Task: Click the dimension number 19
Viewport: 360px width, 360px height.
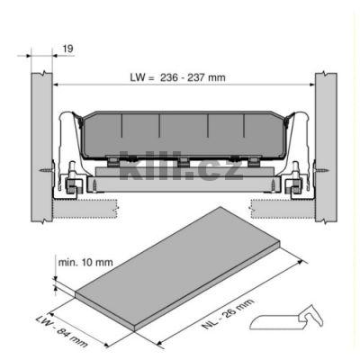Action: [68, 49]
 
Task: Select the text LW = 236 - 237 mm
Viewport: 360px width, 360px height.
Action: [177, 77]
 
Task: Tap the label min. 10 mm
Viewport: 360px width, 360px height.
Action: [85, 263]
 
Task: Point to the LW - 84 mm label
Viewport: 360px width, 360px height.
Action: [61, 331]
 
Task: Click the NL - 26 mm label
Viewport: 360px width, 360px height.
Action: [229, 314]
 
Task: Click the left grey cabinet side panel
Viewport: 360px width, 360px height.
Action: [42, 148]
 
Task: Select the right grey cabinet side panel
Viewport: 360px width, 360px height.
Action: [326, 147]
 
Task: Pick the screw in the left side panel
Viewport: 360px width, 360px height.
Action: [47, 171]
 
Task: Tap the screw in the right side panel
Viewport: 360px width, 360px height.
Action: [321, 171]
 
